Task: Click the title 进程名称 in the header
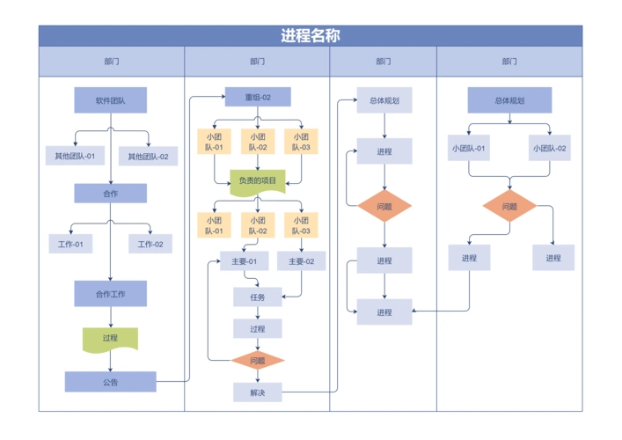coord(310,36)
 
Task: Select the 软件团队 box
coord(110,100)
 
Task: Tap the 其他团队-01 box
coord(76,157)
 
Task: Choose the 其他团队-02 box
coord(148,157)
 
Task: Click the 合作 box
coord(110,193)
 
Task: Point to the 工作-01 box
coord(70,244)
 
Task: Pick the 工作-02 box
coord(150,244)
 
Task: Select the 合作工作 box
coord(110,293)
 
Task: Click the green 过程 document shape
coord(110,338)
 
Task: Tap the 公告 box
coord(110,382)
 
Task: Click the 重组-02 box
coord(257,98)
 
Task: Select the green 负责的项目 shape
coord(257,181)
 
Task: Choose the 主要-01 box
coord(244,260)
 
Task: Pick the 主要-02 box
coord(301,260)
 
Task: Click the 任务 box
coord(257,297)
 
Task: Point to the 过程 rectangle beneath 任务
coord(257,329)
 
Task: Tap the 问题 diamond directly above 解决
coord(257,361)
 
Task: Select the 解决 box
coord(257,392)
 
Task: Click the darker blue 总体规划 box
coord(509,100)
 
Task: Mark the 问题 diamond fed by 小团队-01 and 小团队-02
coord(509,207)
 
